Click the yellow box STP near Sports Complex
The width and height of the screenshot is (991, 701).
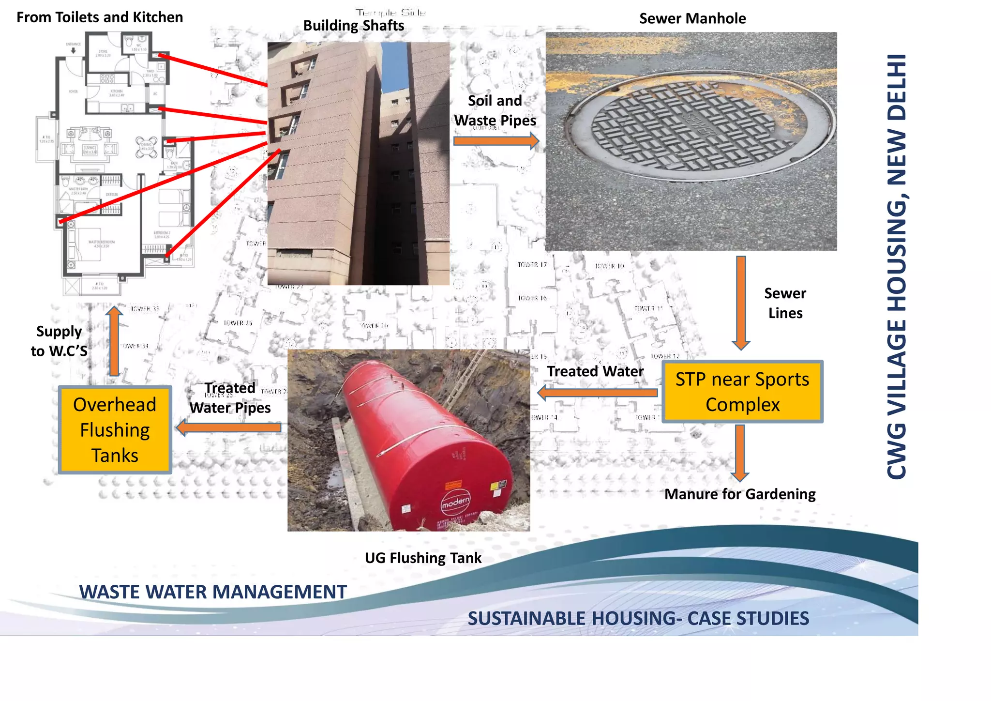[742, 392]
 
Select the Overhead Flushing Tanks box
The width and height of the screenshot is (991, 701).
[115, 429]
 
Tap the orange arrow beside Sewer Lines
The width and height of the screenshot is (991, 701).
[741, 302]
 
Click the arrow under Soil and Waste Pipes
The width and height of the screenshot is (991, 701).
[496, 141]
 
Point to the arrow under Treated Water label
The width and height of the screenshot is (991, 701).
[597, 393]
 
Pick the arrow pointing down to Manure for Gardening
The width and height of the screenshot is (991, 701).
[740, 453]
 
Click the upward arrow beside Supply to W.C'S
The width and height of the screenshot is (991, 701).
[114, 341]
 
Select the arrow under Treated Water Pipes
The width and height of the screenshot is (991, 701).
[229, 427]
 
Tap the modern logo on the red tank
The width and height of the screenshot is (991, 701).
[455, 503]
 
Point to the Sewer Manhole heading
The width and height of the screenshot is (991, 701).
[692, 18]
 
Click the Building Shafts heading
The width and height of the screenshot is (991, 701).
[353, 25]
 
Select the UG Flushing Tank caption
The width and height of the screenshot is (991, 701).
[423, 558]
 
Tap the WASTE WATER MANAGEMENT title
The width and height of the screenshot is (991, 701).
[213, 592]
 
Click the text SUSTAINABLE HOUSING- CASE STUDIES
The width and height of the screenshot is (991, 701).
[638, 618]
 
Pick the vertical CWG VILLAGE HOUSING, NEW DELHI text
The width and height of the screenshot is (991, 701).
[897, 266]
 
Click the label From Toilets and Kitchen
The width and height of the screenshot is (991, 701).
[100, 17]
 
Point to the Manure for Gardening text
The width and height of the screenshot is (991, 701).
[740, 494]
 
